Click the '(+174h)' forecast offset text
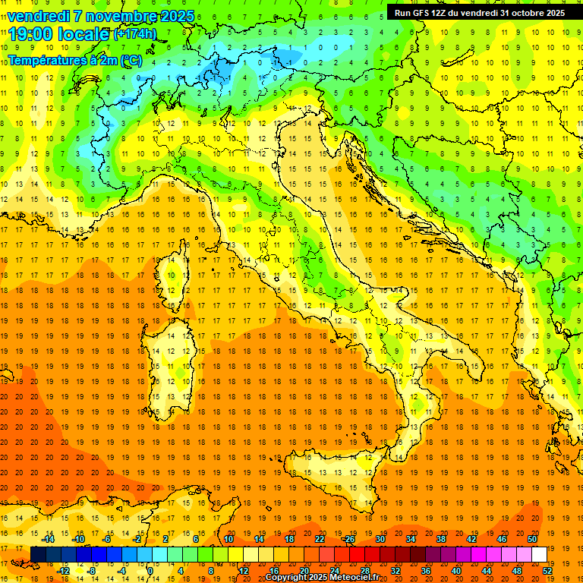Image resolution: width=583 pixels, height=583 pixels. tap(135, 34)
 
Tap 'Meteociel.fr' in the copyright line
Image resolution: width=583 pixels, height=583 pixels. tap(361, 578)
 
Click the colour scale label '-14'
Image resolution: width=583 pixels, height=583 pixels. tap(49, 539)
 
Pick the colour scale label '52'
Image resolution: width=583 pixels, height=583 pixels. tap(547, 570)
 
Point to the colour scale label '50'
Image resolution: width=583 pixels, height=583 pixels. tap(532, 539)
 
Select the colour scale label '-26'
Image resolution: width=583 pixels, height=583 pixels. tap(348, 539)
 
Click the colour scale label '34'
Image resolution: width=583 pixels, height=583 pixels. tap(410, 539)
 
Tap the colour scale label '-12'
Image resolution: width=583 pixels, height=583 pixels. tap(65, 570)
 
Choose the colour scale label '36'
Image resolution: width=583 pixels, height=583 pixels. tap(425, 570)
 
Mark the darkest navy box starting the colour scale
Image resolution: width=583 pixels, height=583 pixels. tap(38, 554)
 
